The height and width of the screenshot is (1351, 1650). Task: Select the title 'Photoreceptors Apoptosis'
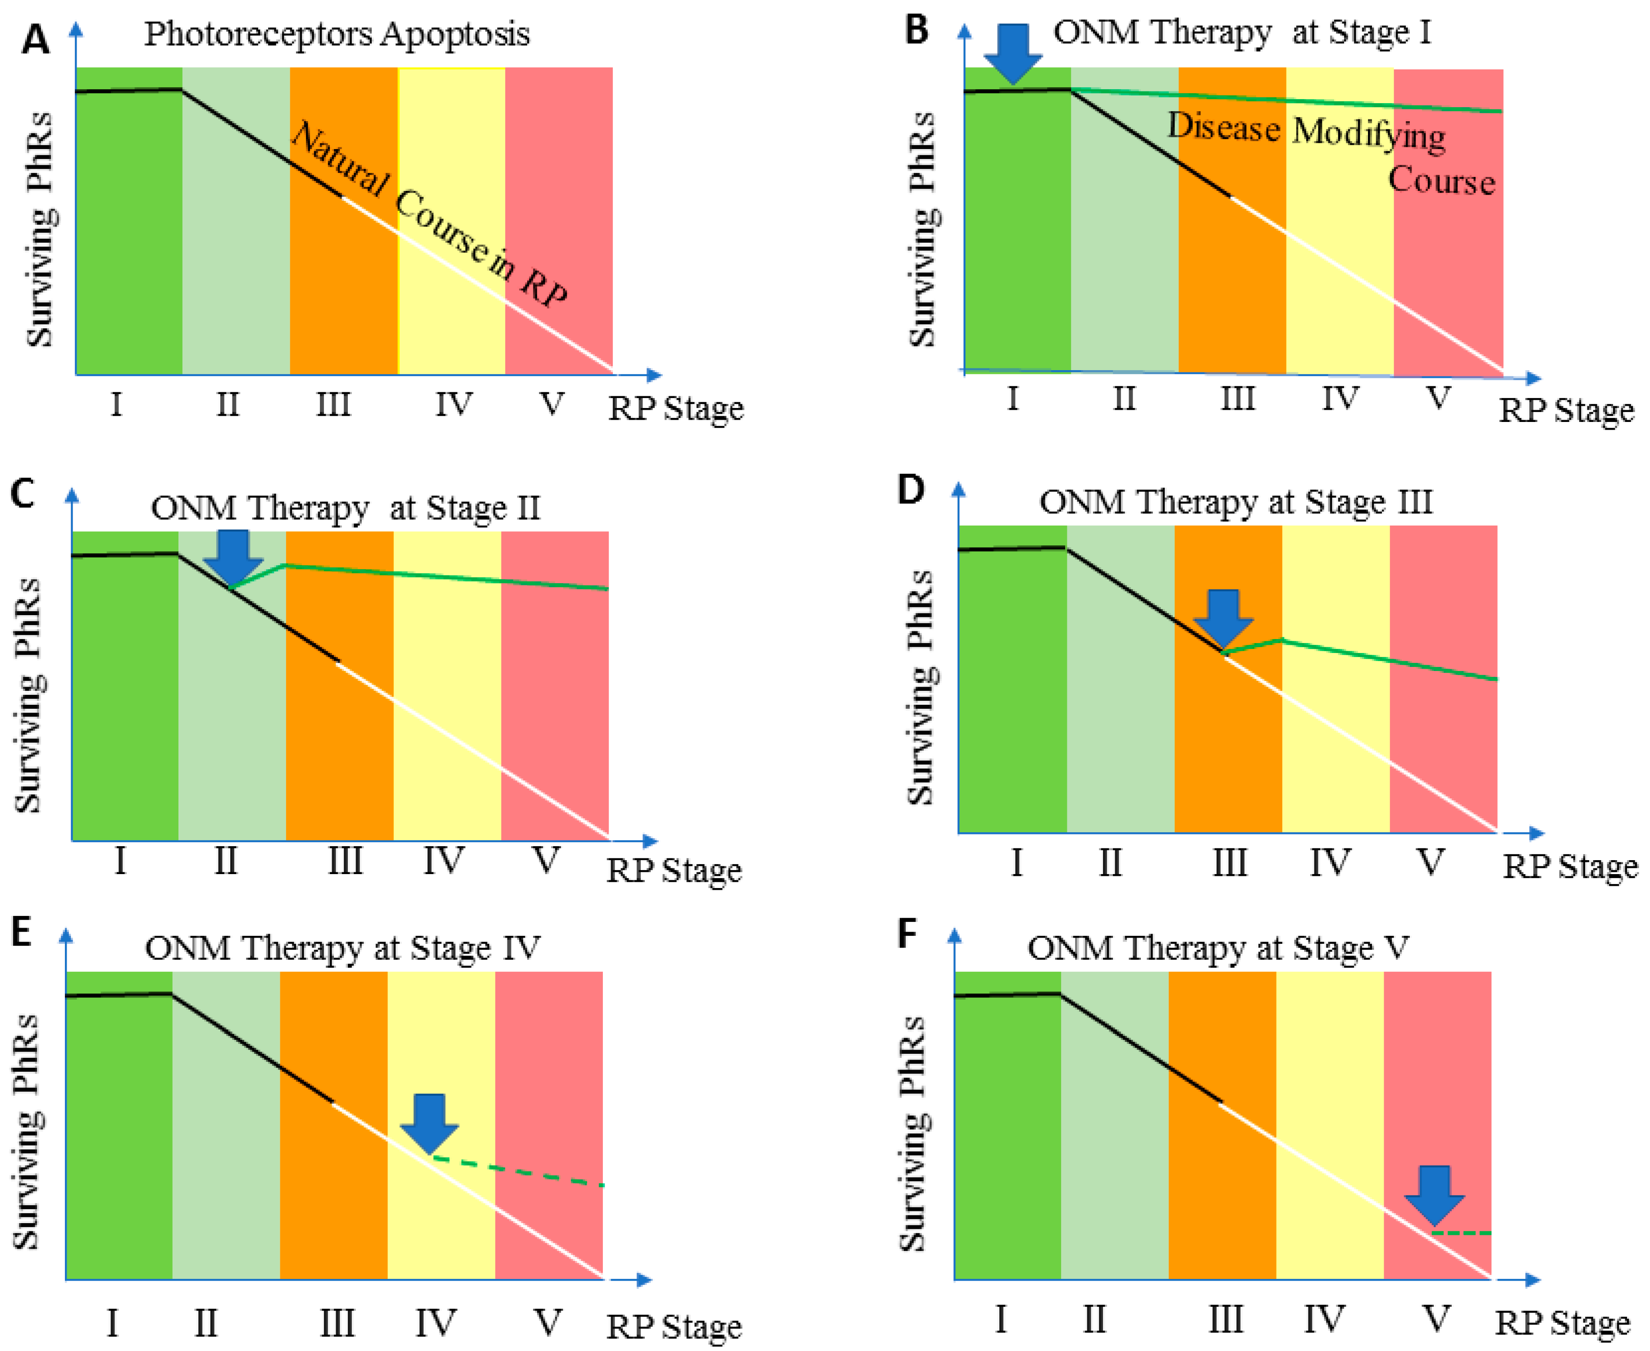tap(337, 34)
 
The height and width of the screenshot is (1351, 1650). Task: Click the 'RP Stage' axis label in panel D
tap(1570, 866)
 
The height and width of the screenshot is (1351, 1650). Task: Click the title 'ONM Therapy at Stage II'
tap(345, 508)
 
